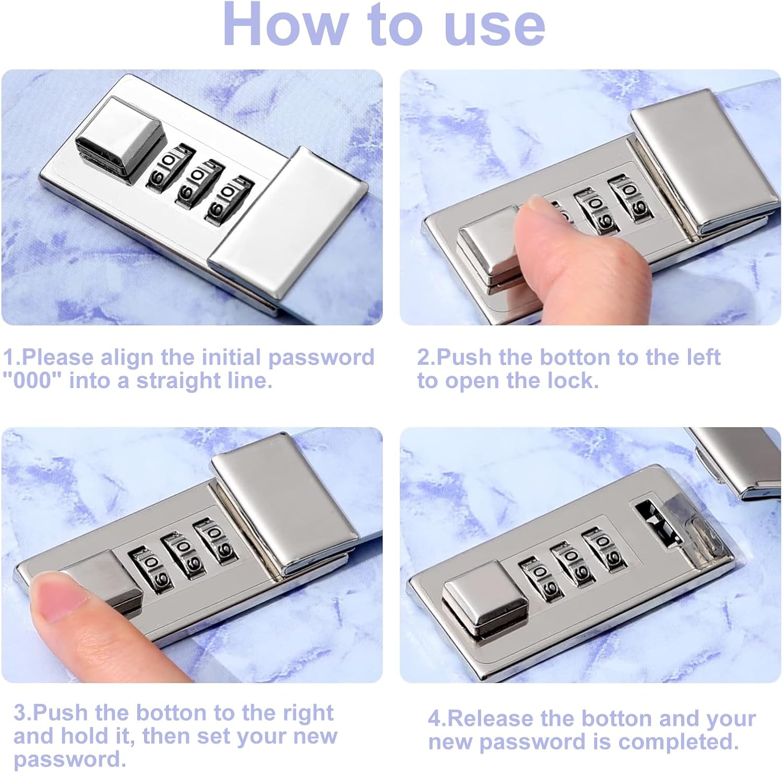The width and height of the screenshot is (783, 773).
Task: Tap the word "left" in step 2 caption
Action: tap(701, 357)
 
